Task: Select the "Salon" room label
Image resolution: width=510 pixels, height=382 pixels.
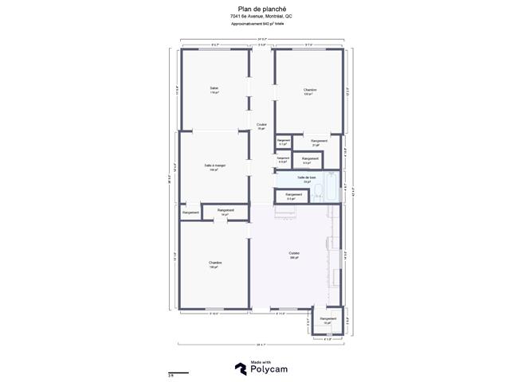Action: pos(214,88)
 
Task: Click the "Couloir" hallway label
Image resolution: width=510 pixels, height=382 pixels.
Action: pos(261,125)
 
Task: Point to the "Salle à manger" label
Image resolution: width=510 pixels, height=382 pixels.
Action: pos(214,166)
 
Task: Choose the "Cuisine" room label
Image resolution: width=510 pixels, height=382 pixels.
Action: pos(294,254)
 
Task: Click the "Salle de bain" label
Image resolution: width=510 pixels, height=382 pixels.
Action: pos(307,177)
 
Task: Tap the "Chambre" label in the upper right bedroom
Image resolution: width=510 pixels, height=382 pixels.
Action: pos(310,90)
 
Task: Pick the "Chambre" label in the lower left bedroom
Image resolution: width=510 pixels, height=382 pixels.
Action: pos(214,263)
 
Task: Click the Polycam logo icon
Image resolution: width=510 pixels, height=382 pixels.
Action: pos(239,368)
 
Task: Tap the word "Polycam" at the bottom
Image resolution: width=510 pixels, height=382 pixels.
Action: pos(270,370)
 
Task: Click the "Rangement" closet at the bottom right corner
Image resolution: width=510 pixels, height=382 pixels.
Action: pos(328,319)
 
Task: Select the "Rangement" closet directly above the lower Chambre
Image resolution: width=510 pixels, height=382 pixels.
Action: pos(226,211)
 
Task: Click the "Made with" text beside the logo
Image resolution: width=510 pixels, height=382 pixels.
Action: pos(260,363)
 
